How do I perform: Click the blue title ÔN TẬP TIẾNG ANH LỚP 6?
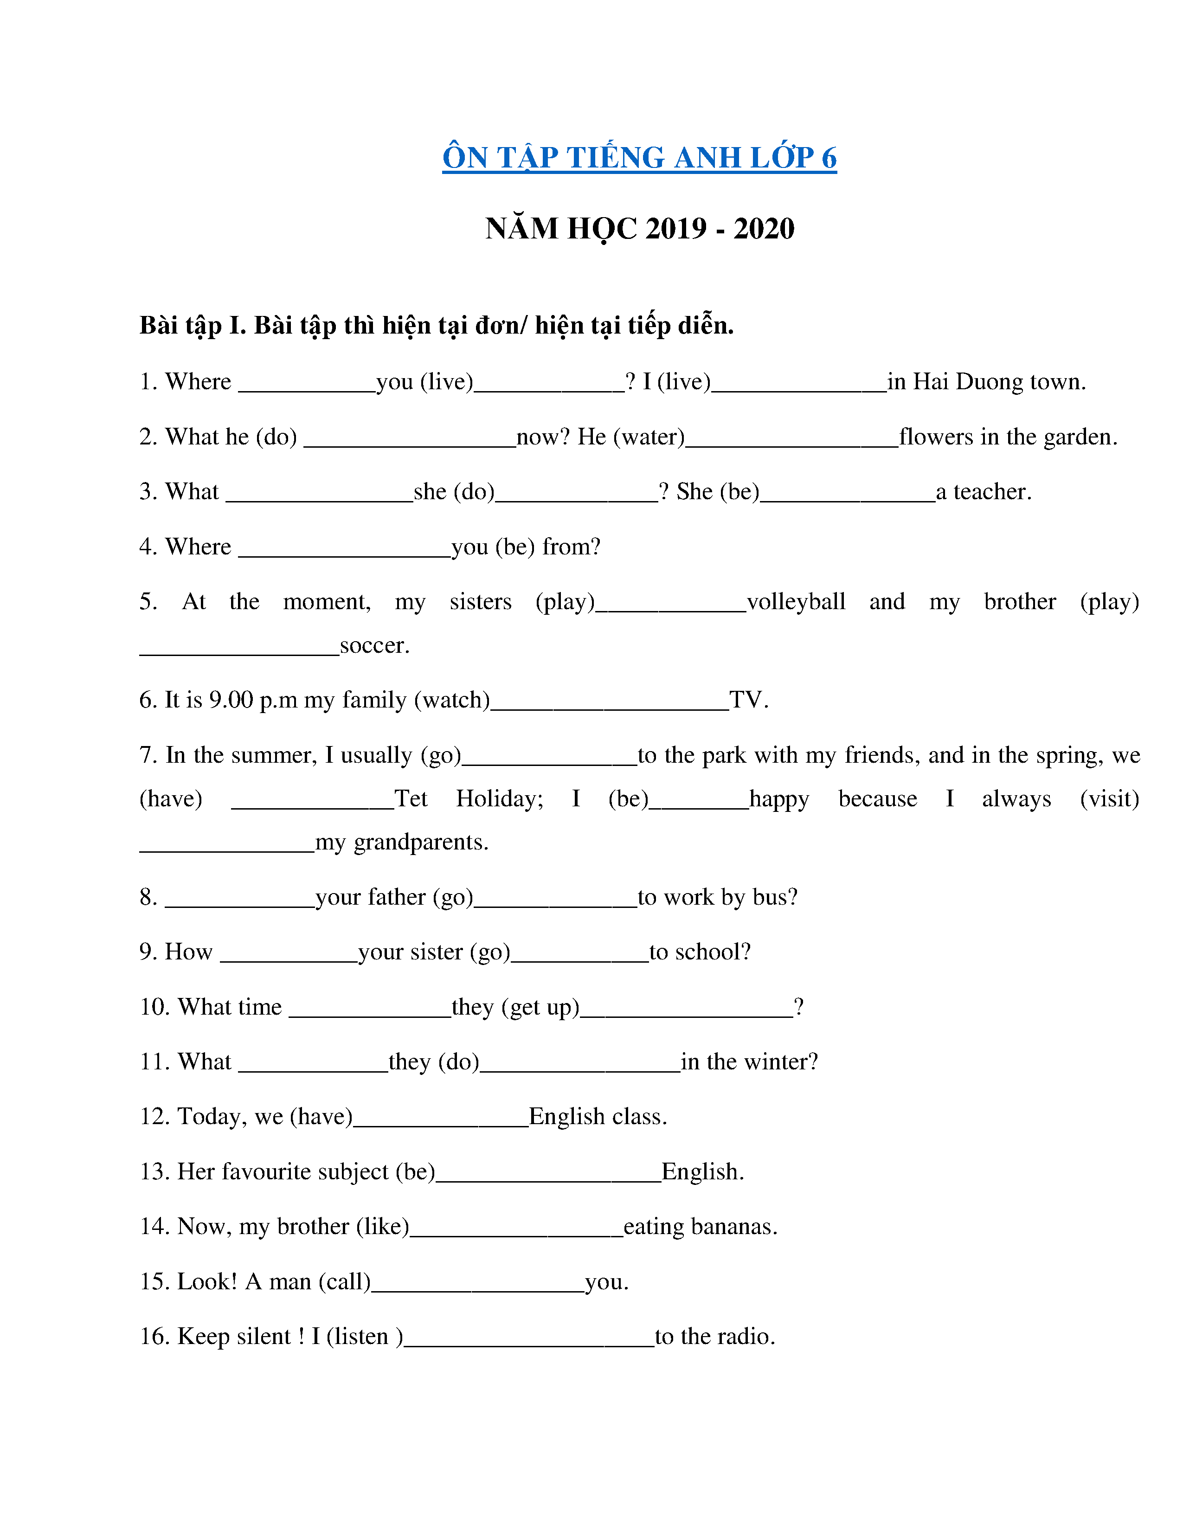click(639, 158)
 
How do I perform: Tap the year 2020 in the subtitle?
click(764, 229)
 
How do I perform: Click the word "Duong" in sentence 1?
click(988, 382)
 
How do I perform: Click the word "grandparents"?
click(420, 842)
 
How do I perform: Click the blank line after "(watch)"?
click(609, 707)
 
